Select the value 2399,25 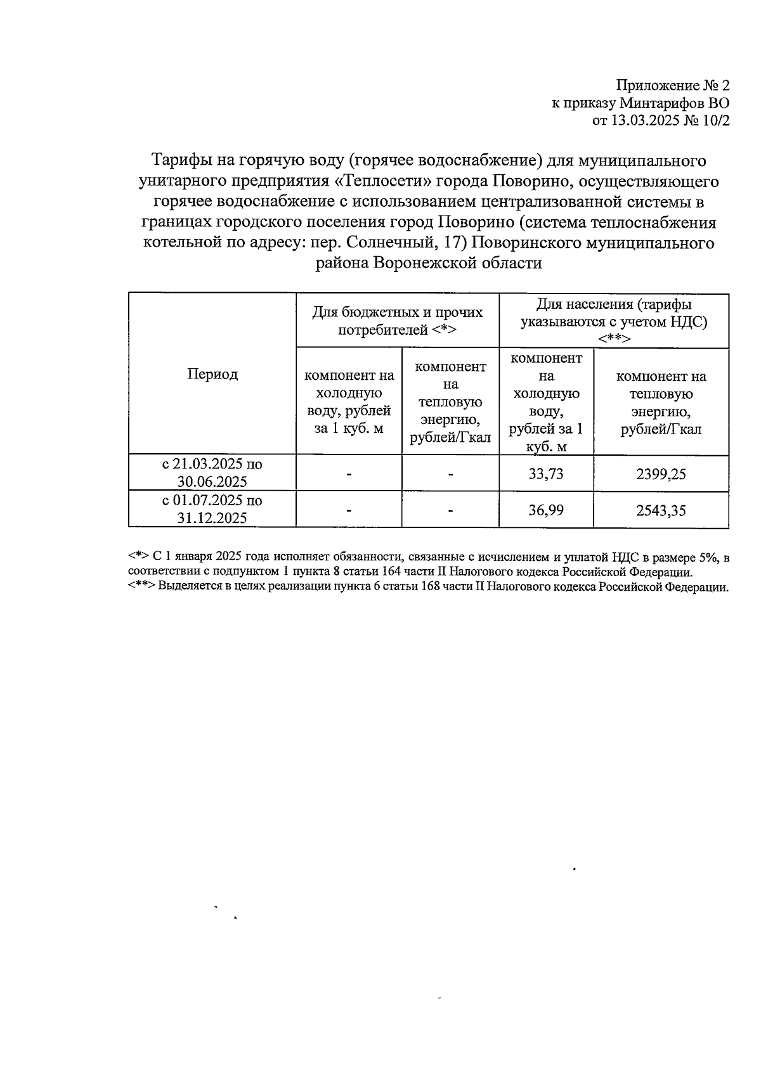(661, 474)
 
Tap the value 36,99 (545, 510)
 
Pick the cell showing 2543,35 (661, 510)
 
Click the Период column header (212, 374)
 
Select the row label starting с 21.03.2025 (212, 473)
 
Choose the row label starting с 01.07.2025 (212, 509)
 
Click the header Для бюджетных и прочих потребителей (397, 321)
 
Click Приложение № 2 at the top (673, 86)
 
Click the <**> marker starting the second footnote (141, 587)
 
